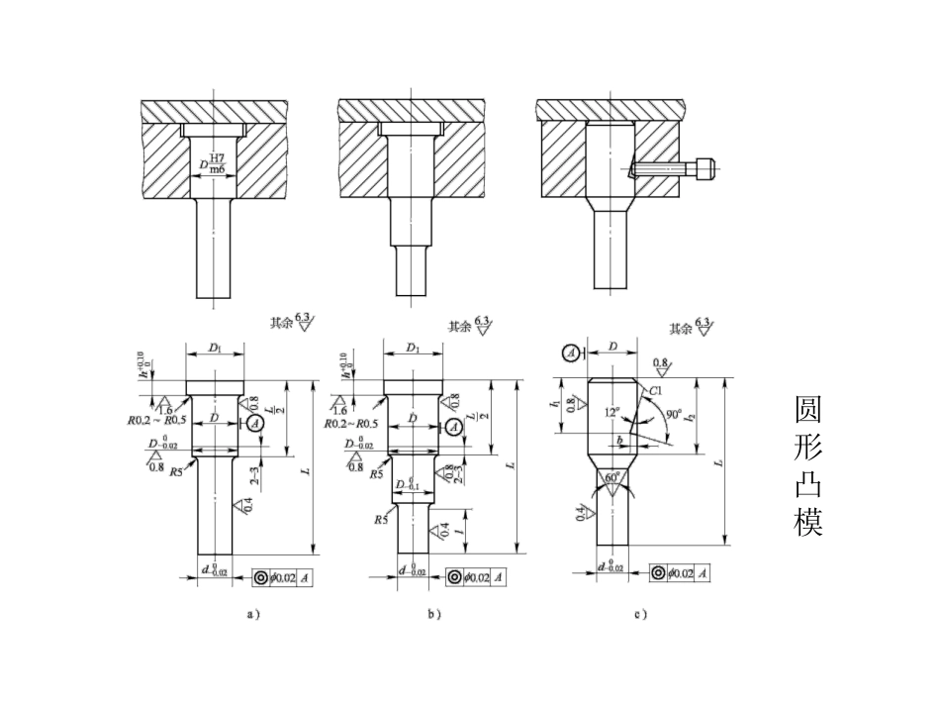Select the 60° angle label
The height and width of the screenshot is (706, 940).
[x=614, y=477]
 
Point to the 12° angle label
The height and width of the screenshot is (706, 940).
[x=613, y=410]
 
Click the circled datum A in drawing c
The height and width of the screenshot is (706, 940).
[x=570, y=353]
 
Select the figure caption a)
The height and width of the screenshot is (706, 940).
[x=253, y=614]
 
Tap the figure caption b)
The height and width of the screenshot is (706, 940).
[x=433, y=614]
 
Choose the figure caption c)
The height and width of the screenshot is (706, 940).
[x=640, y=614]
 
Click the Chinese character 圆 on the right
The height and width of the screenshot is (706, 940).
[x=808, y=410]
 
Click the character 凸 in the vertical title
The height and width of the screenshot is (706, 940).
[x=808, y=484]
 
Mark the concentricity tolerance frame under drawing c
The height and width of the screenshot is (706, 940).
[x=683, y=573]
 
